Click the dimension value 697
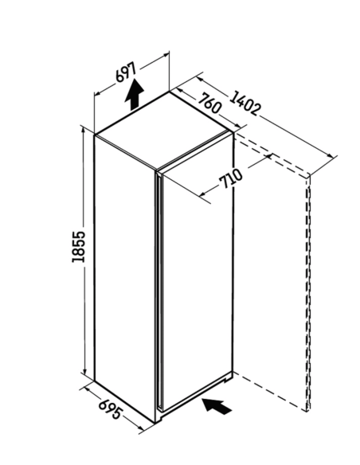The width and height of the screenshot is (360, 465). click(126, 72)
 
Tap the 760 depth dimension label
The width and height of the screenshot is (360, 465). click(210, 103)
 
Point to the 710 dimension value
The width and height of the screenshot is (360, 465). click(231, 178)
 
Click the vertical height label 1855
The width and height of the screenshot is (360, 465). click(78, 247)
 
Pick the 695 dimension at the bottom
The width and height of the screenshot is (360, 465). click(110, 409)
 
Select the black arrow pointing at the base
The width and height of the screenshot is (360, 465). click(217, 406)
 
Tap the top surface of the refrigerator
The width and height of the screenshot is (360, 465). click(164, 131)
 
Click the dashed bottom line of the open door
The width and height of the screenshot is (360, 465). click(270, 392)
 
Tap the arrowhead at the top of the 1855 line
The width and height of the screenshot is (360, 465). click(84, 131)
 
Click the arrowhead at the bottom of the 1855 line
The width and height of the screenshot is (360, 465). click(84, 372)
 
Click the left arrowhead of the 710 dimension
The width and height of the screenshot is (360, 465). click(203, 194)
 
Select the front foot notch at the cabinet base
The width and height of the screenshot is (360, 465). click(159, 418)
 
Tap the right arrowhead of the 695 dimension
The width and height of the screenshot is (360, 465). click(139, 428)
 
